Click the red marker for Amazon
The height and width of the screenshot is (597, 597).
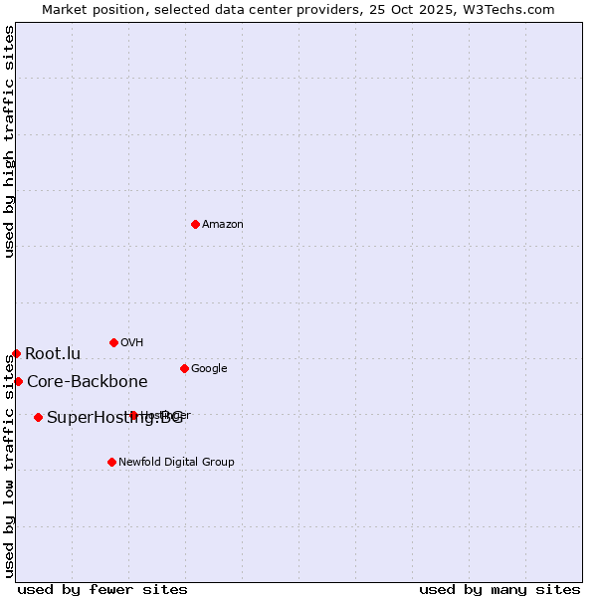(x=195, y=224)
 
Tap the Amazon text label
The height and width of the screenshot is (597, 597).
(x=223, y=225)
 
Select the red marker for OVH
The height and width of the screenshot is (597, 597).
(x=113, y=342)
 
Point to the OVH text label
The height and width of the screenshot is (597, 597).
(x=132, y=343)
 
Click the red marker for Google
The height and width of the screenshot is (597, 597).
(x=184, y=368)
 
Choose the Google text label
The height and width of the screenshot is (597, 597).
(x=209, y=369)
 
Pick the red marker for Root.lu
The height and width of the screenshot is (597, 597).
(x=16, y=353)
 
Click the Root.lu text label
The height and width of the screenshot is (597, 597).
(x=53, y=354)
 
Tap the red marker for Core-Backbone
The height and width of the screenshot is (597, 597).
(x=18, y=381)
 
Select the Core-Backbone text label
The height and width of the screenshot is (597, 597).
(x=88, y=382)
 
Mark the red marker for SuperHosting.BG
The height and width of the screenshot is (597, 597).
(x=38, y=417)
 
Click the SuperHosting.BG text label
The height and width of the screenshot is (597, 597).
(x=114, y=418)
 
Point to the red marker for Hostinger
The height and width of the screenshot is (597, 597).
(x=133, y=415)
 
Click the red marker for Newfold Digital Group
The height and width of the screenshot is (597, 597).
(x=111, y=462)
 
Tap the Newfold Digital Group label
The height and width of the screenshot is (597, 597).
(x=176, y=463)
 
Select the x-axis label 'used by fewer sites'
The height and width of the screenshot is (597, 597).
(x=102, y=589)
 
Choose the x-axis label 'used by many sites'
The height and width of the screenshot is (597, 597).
(x=499, y=589)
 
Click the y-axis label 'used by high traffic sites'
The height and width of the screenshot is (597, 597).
(x=9, y=141)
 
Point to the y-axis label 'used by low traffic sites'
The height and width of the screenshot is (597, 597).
(x=9, y=468)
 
